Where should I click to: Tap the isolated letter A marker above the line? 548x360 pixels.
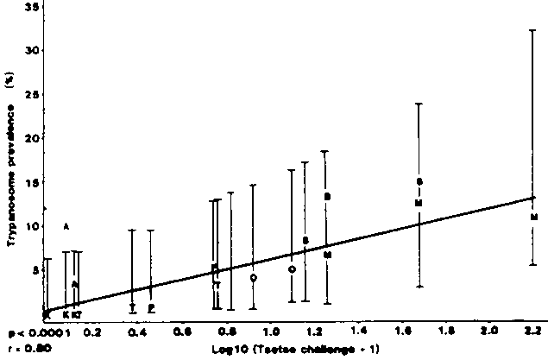tap(66, 226)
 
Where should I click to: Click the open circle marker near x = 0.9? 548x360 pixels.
tap(253, 278)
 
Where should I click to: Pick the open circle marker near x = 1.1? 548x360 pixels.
tap(292, 269)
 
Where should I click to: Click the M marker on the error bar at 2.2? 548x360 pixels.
tap(534, 217)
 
